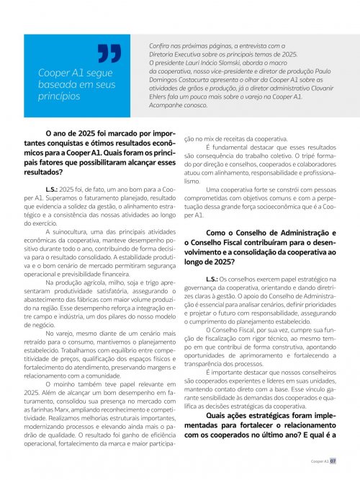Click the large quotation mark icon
[109, 54]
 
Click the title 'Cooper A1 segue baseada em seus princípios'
[75, 84]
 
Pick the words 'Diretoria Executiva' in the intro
[173, 54]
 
